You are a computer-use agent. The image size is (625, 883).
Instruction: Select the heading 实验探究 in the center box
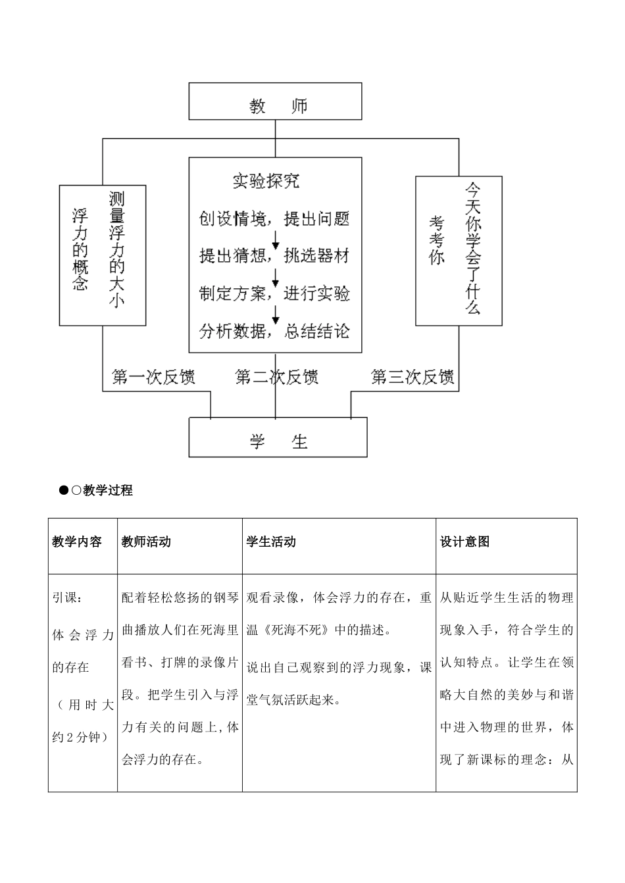tap(266, 180)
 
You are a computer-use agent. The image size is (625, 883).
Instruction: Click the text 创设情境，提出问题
tap(274, 218)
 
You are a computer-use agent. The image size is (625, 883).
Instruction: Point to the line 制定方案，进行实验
tap(274, 293)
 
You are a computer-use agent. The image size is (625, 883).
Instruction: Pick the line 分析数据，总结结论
tap(274, 331)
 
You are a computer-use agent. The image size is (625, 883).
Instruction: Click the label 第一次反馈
tap(153, 377)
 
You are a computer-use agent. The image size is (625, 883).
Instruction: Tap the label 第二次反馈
tap(277, 377)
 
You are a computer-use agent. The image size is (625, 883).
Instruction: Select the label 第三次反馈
tap(413, 377)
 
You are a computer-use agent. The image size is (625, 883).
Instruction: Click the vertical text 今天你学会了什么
tap(473, 248)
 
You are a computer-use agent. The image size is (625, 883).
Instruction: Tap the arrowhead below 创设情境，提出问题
tap(276, 243)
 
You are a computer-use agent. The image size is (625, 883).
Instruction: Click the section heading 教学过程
tap(108, 490)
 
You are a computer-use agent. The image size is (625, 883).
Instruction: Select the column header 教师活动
tap(146, 542)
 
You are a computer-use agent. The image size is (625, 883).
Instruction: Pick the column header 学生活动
tap(271, 542)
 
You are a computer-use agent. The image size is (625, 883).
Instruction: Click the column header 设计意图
tap(464, 542)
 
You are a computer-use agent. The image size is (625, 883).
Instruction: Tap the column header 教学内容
tap(77, 542)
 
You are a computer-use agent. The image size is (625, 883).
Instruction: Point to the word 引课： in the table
tap(67, 597)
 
